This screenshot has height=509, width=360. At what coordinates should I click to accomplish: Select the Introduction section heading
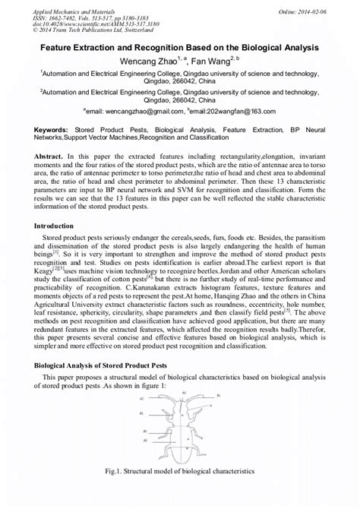point(55,226)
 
